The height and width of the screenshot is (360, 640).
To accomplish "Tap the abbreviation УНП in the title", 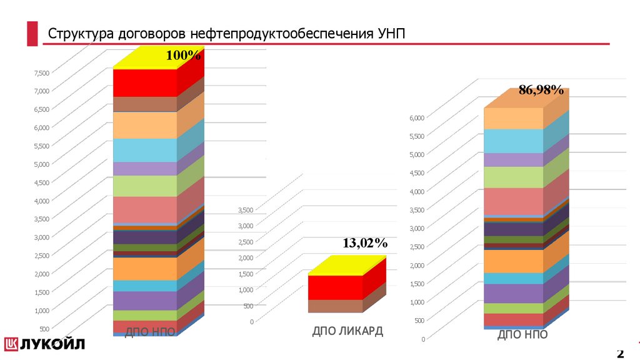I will (391, 33).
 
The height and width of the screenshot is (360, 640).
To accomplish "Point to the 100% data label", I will (183, 56).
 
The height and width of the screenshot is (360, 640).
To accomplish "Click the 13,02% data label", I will (365, 243).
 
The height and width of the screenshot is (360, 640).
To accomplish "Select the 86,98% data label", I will (541, 91).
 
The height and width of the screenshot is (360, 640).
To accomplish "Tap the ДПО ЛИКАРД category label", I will (347, 331).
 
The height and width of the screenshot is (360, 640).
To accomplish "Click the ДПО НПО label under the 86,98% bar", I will (522, 335).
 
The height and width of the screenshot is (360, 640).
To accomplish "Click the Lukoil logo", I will (44, 344).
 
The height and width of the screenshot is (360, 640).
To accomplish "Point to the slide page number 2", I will (620, 354).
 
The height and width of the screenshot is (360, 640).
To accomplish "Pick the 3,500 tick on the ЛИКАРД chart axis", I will (246, 210).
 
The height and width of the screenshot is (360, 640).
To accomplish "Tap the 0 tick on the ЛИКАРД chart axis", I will (251, 322).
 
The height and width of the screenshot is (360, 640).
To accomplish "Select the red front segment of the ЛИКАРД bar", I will (335, 287).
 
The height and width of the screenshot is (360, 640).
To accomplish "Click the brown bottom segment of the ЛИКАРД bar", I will (335, 306).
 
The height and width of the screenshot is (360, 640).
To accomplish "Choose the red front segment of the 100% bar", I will (145, 82).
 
